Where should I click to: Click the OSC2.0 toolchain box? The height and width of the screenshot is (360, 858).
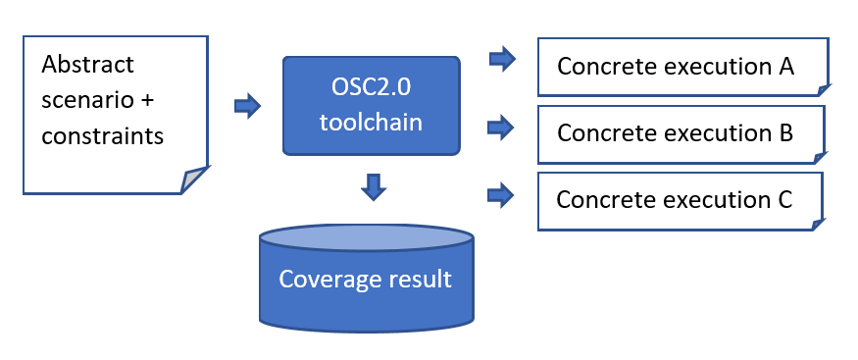[x=372, y=105]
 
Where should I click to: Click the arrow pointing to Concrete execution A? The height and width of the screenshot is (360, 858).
[x=502, y=60]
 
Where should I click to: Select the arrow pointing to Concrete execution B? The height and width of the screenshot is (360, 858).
[x=502, y=127]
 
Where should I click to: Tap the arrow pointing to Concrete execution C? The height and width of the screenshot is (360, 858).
[x=502, y=194]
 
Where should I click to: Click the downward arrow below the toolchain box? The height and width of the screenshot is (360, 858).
[x=372, y=185]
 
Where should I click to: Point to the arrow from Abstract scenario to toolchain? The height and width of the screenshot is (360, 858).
[x=247, y=105]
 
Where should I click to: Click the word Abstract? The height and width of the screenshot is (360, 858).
[x=87, y=65]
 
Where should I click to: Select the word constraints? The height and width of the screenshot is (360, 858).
[x=102, y=135]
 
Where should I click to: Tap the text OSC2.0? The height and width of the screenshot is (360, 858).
[x=372, y=87]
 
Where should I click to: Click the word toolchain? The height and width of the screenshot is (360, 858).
[x=372, y=122]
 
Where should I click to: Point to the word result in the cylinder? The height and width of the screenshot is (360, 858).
[x=419, y=280]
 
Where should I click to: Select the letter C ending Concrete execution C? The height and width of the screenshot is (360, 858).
[x=783, y=199]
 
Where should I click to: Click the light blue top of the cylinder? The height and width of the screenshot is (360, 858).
[x=366, y=240]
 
